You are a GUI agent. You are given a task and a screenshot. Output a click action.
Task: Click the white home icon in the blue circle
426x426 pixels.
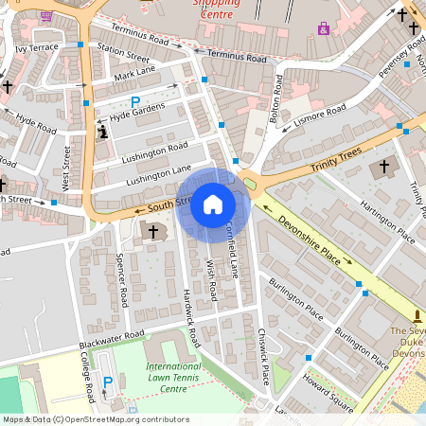click(x=213, y=204)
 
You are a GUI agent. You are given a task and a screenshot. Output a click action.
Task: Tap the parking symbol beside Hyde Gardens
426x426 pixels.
click(x=135, y=101)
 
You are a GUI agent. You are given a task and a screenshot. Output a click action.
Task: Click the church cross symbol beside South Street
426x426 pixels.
click(x=153, y=230)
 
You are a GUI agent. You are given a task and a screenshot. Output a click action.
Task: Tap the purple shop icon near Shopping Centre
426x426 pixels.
click(x=325, y=28)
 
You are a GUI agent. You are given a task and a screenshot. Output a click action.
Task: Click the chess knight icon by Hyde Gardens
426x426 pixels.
click(x=102, y=133)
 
